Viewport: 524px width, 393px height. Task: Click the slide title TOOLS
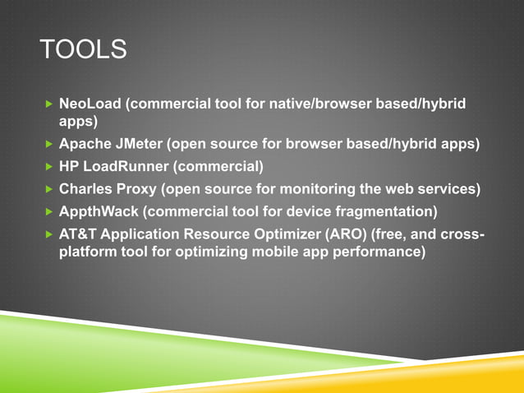[84, 50]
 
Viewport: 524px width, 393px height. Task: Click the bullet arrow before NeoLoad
[48, 105]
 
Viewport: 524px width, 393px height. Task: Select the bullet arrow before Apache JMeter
[48, 146]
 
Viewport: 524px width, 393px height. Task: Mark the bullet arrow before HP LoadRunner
[48, 167]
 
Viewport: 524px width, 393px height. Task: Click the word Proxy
[139, 188]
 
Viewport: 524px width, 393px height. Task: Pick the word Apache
[85, 145]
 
